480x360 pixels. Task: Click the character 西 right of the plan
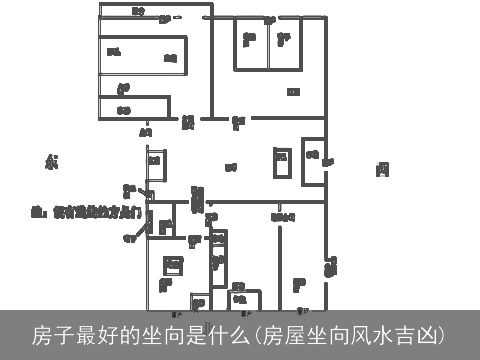click(382, 169)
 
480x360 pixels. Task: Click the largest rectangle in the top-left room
click(142, 56)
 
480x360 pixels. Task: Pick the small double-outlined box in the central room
click(282, 162)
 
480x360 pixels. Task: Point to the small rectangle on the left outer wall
click(155, 165)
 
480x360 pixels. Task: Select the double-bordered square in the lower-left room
click(173, 265)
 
